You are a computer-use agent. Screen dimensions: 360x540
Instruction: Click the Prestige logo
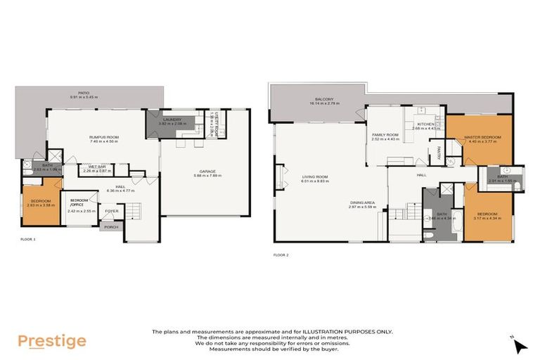click(x=52, y=342)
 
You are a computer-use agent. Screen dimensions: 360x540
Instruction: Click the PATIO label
click(x=84, y=93)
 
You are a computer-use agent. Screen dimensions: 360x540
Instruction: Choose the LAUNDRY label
click(x=172, y=120)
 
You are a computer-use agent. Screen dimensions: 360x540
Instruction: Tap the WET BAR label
click(x=98, y=167)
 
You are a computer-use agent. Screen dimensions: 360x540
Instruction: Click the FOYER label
click(x=112, y=210)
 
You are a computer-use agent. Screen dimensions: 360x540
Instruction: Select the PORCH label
click(x=111, y=226)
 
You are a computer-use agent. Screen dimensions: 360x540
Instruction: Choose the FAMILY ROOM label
click(x=385, y=134)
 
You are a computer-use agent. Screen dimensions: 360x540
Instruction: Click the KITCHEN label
click(x=426, y=124)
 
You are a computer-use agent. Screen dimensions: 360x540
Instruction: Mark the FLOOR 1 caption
click(x=27, y=240)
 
